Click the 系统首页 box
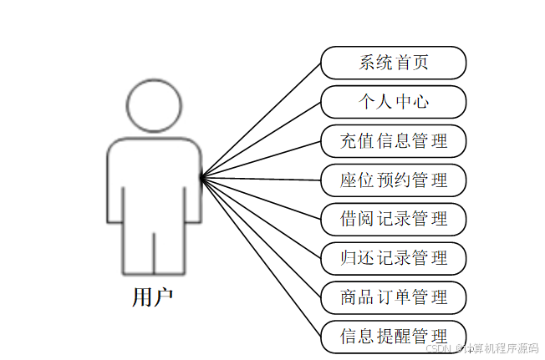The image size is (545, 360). pos(393,63)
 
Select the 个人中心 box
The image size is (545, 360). pos(393,102)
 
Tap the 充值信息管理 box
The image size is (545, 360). pos(393,140)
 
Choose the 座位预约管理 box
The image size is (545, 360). pos(393,180)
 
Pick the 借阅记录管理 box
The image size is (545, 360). pos(393,219)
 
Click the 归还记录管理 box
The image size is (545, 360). pos(393,257)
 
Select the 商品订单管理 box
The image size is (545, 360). pos(393,297)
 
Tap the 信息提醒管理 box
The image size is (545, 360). pos(393,336)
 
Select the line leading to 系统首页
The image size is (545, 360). pos(262,119)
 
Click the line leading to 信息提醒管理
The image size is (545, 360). pos(262,256)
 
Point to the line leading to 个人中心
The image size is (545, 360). pos(262,139)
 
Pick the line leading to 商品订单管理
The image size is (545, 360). pos(262,236)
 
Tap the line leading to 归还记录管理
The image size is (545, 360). pos(262,217)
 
